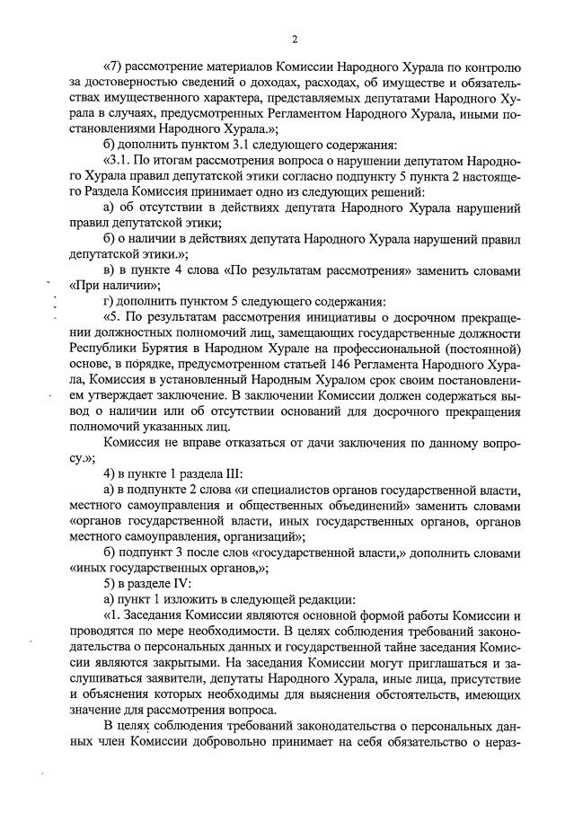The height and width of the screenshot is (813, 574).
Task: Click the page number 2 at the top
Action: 294,39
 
